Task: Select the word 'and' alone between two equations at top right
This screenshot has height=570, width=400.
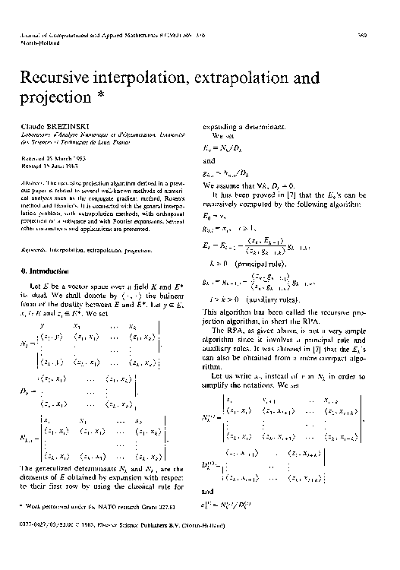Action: pyautogui.click(x=209, y=161)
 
